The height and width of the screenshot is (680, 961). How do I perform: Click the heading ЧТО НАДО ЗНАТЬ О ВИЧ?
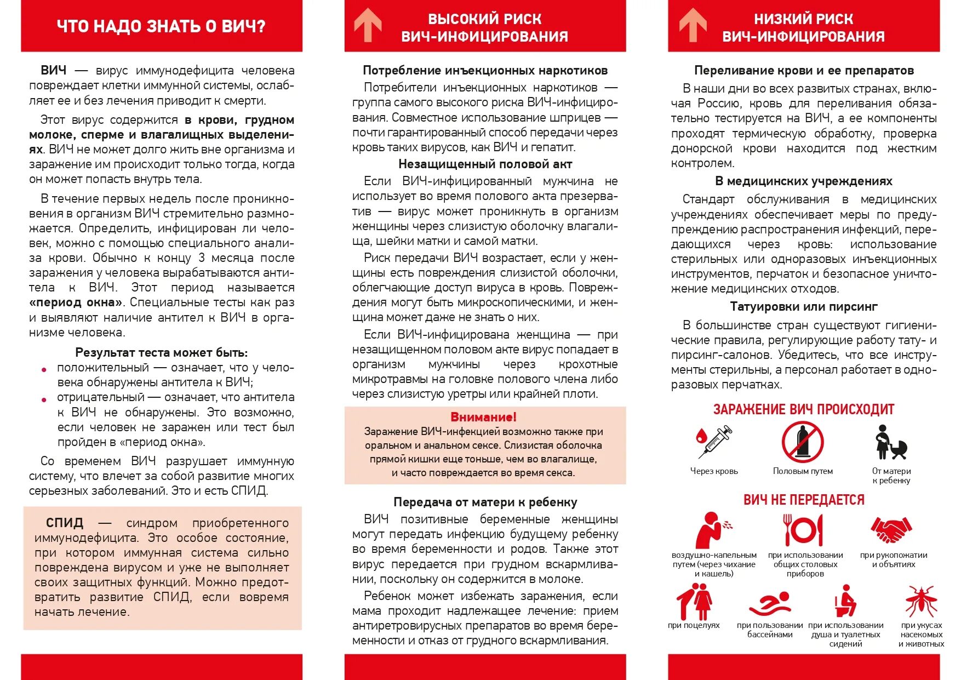tap(161, 26)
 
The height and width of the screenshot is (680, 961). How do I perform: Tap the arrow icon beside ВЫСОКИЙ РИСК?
tap(368, 26)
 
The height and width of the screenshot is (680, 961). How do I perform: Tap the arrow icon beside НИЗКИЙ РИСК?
tap(693, 26)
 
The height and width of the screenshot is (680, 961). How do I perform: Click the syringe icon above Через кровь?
tap(714, 442)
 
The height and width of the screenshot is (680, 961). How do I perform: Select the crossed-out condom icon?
tap(803, 442)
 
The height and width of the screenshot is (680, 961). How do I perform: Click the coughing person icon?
tap(712, 530)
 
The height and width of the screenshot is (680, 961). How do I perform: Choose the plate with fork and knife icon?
tap(804, 530)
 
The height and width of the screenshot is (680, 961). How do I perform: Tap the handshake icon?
tap(892, 530)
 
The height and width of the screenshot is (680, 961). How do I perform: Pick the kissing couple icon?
tap(694, 601)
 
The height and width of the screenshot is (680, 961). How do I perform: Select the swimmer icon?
tap(770, 603)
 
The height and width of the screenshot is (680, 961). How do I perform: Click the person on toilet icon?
tap(845, 601)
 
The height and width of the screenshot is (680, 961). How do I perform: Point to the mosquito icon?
tap(921, 601)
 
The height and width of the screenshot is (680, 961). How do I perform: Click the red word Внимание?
tap(484, 417)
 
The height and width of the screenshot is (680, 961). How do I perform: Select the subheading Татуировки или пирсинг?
tap(804, 306)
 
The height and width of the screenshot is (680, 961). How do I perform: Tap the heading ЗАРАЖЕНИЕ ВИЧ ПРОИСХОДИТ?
tap(804, 409)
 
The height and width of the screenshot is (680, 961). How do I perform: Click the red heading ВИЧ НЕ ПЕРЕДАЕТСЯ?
tap(804, 500)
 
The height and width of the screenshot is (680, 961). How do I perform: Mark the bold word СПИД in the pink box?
tap(65, 523)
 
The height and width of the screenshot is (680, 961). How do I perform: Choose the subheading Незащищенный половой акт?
tap(485, 164)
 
